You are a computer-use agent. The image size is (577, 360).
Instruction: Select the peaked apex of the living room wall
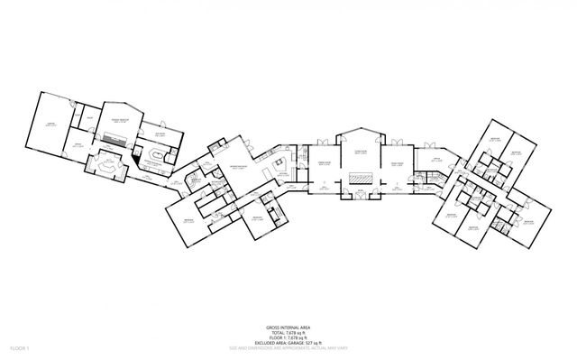[360, 132]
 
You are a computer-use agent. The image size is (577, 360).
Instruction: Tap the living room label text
[360, 154]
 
